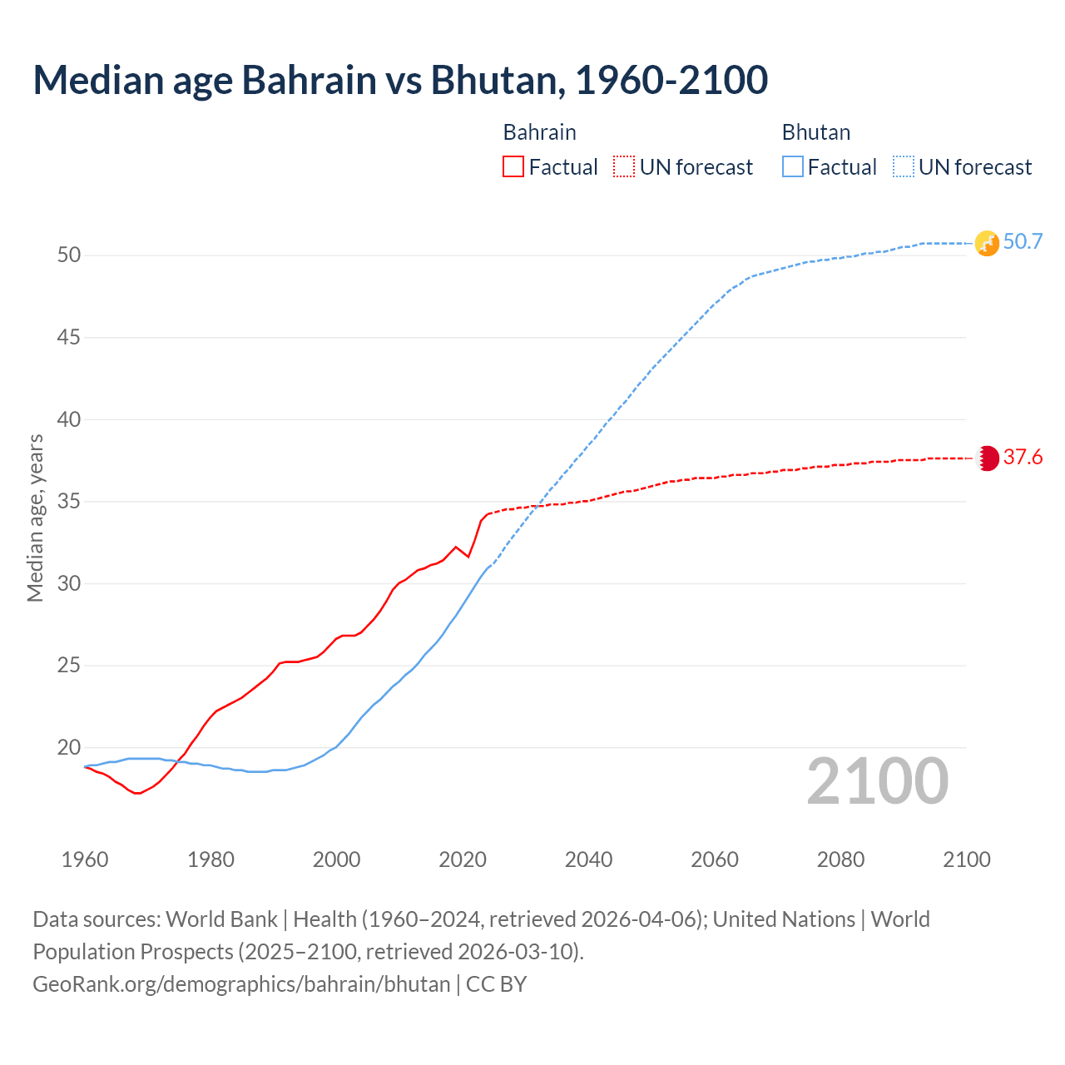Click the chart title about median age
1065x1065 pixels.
(400, 80)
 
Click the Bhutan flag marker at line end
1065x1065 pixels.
(987, 243)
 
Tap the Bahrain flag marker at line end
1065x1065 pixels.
(987, 458)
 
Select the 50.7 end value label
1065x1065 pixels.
(1023, 242)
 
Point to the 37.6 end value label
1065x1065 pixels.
(1023, 458)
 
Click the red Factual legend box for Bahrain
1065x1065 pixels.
(513, 167)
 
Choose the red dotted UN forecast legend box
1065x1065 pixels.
(624, 167)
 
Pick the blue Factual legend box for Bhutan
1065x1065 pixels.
(793, 167)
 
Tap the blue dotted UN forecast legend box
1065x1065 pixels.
(904, 167)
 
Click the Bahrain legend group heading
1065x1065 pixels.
(539, 132)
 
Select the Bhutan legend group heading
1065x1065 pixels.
(815, 132)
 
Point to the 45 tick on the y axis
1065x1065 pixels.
(69, 338)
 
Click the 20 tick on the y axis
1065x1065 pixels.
(69, 748)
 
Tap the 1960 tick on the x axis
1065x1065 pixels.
(85, 859)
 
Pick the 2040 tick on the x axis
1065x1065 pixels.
(588, 859)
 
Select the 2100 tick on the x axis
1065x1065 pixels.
(967, 859)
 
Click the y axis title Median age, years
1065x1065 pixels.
(35, 518)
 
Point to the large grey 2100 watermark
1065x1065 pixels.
(877, 781)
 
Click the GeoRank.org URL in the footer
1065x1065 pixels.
(241, 984)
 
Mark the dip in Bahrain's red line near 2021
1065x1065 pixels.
(468, 557)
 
